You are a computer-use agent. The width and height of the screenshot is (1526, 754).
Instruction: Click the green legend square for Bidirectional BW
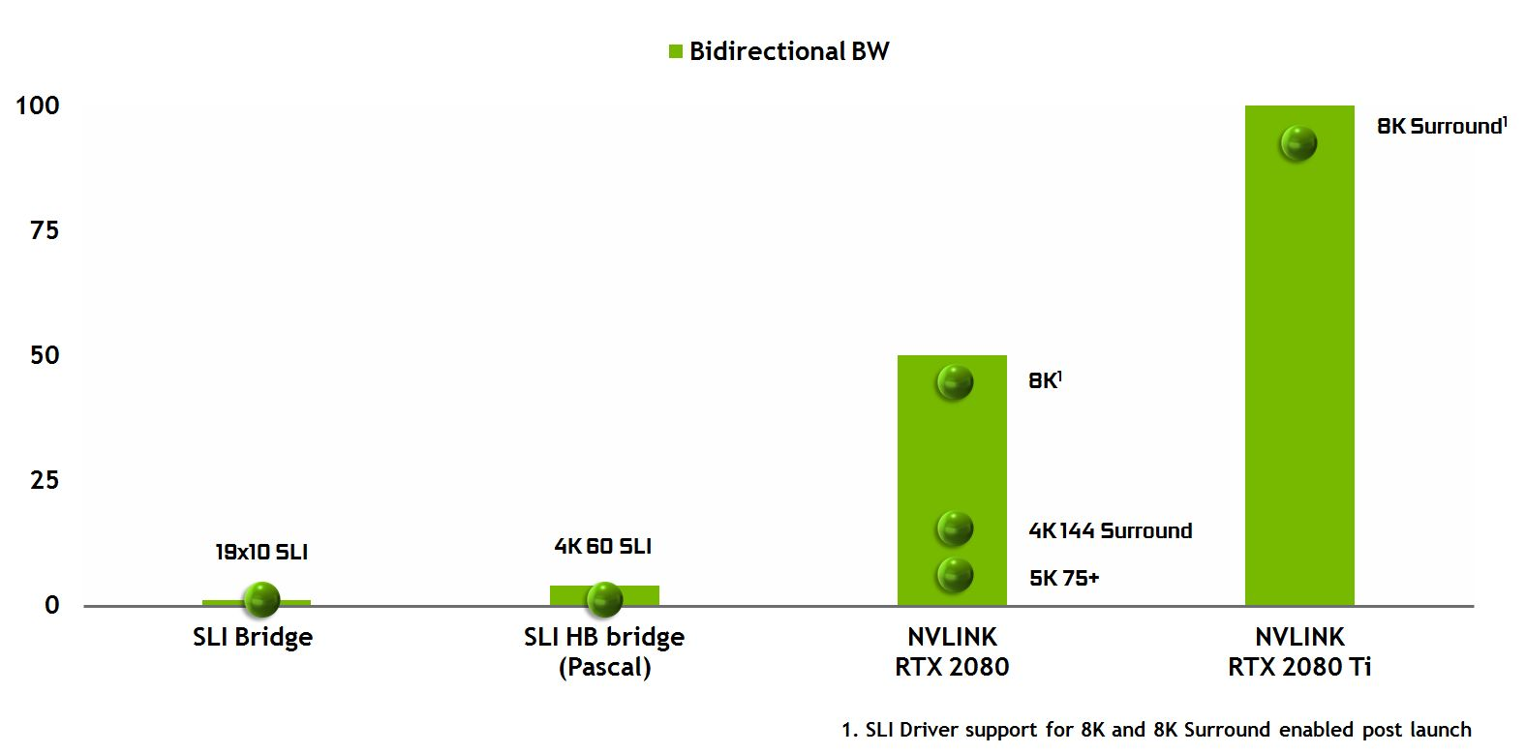[676, 51]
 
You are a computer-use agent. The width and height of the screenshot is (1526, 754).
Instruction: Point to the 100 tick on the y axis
[38, 106]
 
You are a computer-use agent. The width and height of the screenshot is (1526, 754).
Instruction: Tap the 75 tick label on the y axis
[45, 231]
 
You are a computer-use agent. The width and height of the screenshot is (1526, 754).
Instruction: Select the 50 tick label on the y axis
[45, 355]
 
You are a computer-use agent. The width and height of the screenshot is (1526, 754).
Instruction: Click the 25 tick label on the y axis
[45, 481]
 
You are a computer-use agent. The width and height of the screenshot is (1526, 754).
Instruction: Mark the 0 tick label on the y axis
[51, 606]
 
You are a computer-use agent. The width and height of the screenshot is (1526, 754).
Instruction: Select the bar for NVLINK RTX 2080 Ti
[1299, 355]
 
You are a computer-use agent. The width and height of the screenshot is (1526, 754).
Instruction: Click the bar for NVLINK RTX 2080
[952, 479]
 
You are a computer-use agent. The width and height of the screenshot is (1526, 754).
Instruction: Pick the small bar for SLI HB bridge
[604, 594]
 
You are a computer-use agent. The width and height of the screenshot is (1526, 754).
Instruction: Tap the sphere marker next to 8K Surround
[1298, 143]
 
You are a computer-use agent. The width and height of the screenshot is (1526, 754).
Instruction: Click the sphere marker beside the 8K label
[955, 382]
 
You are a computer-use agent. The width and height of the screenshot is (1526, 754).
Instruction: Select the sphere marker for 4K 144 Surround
[955, 528]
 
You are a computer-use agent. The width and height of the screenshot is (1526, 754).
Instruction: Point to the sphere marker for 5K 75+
[955, 576]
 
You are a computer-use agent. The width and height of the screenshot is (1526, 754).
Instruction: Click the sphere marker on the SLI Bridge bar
[261, 600]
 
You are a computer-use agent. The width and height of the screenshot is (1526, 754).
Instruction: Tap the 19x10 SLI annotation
[261, 552]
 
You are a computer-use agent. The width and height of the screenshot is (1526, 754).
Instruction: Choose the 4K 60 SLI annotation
[603, 546]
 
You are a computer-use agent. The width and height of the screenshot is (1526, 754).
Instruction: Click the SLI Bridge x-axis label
[253, 638]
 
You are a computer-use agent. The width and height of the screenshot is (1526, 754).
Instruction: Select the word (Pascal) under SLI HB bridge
[605, 667]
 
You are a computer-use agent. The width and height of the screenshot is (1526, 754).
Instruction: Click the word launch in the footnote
[1441, 730]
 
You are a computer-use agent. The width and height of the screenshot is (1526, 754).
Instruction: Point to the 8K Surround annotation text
[1442, 126]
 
